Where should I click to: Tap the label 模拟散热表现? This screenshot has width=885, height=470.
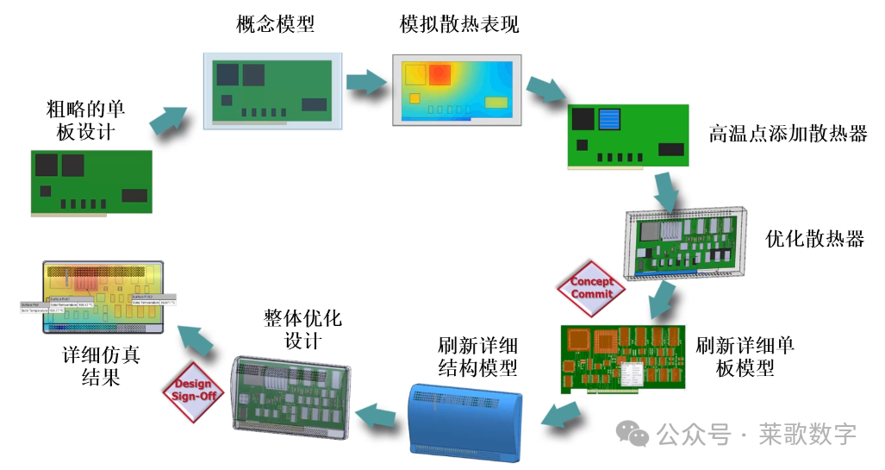pos(459,24)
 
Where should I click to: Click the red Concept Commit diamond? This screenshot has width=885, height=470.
pos(592,289)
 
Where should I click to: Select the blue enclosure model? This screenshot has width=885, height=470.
pos(465,421)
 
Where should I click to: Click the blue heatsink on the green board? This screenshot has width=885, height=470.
pos(610,120)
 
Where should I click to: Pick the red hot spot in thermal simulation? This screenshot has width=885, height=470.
pos(439,74)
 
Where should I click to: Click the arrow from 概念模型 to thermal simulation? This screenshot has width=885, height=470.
pos(368,80)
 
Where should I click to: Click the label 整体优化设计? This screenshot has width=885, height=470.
pos(302,329)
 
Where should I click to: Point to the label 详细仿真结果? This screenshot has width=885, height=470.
pos(101,367)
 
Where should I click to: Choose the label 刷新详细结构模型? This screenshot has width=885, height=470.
pos(477,357)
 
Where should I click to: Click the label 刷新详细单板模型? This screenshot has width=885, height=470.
pos(745,356)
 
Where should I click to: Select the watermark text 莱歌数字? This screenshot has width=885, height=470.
pos(807,434)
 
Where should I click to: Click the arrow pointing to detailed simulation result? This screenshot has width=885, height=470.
pos(196,337)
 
